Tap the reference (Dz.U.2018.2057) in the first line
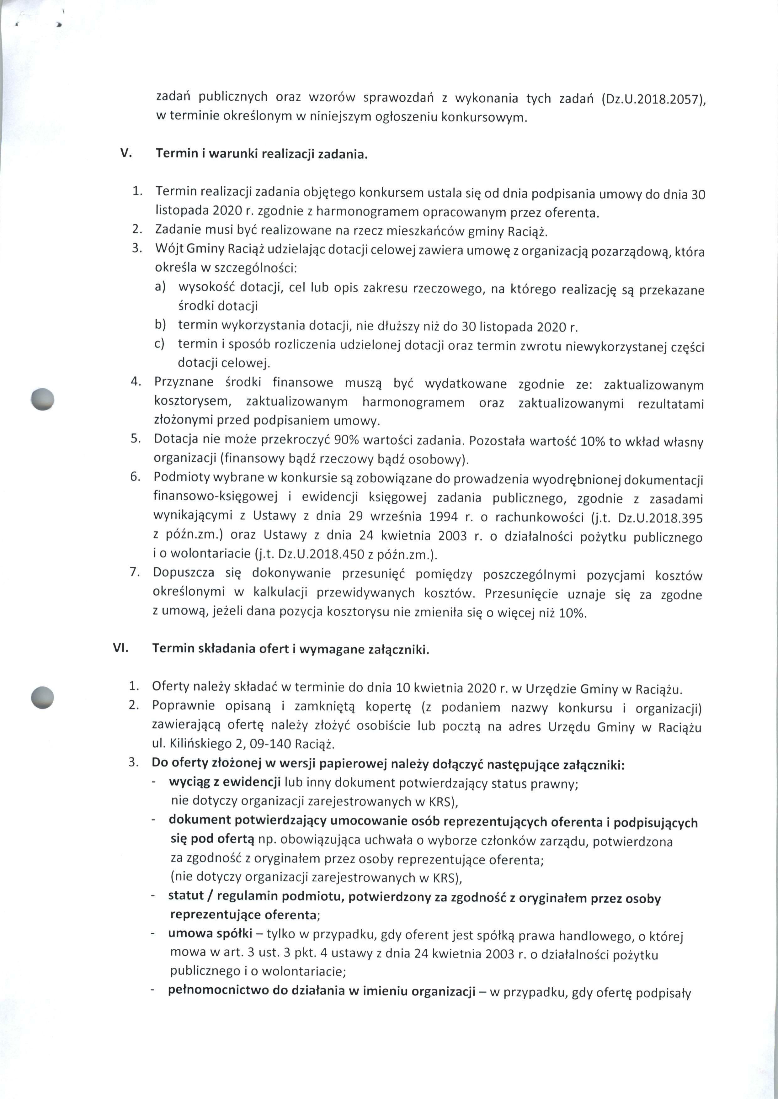point(653,100)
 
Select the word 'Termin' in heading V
point(174,154)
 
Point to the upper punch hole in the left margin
point(42,398)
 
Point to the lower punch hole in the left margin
point(42,697)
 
